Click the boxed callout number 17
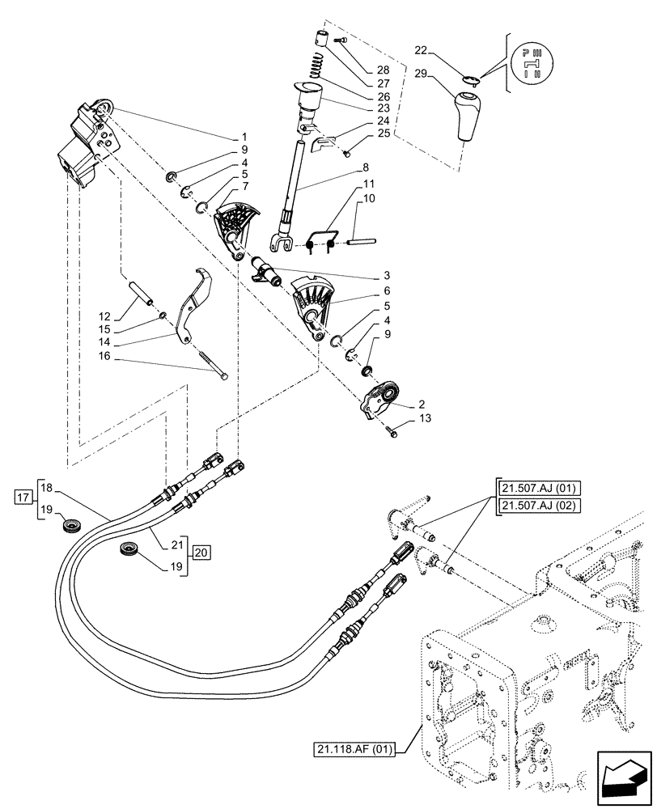pos(23,495)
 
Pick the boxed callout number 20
pos(201,553)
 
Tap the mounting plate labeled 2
pos(379,401)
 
